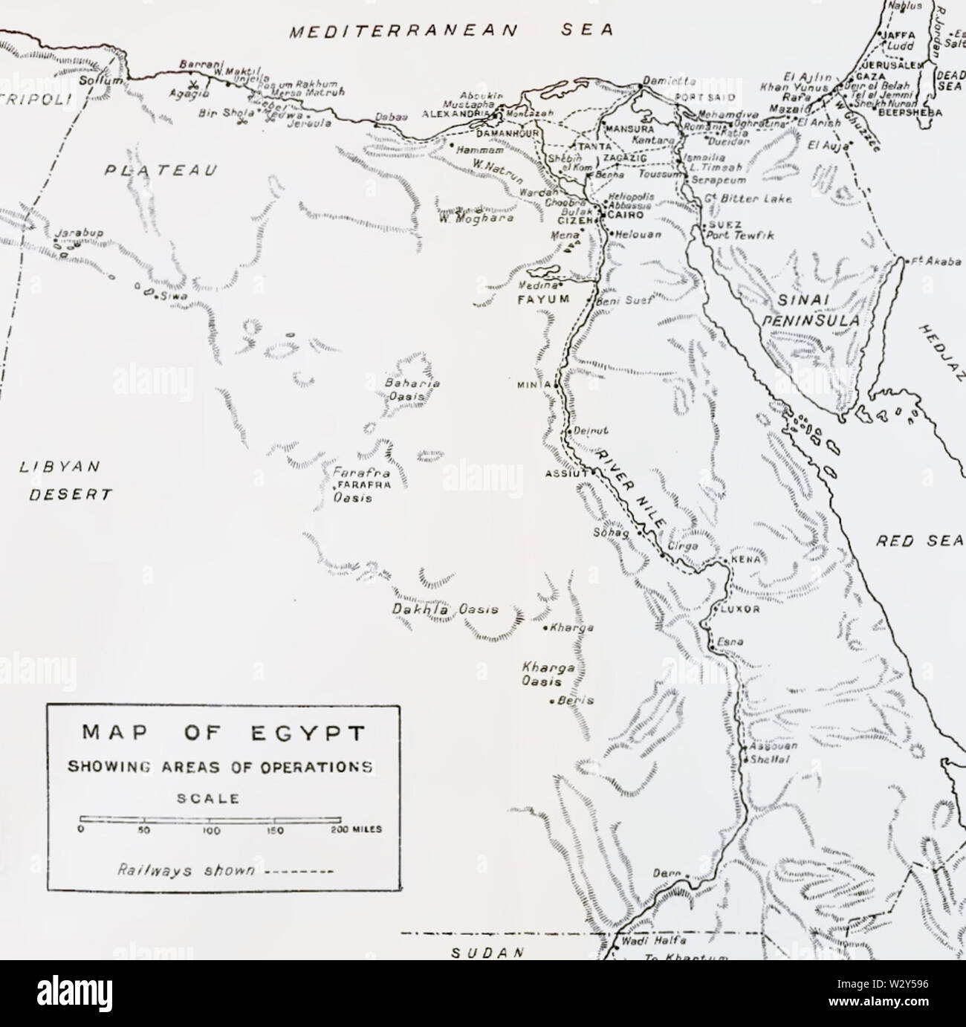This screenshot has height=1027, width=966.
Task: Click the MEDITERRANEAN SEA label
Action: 452,30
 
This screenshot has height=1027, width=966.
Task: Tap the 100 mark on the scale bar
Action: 212,831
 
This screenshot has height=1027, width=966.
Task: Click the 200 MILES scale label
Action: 355,831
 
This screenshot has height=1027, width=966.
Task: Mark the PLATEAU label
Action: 162,170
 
